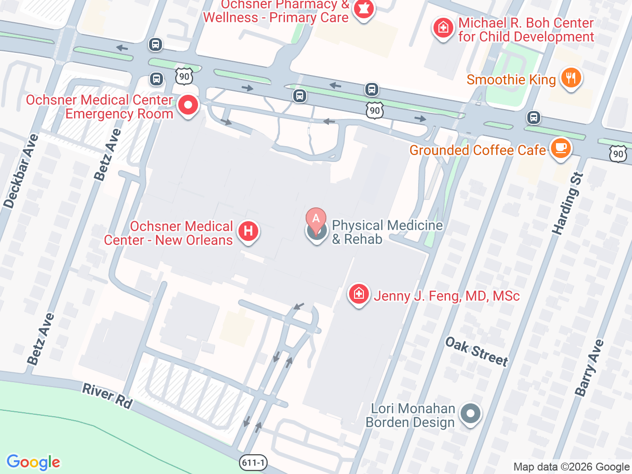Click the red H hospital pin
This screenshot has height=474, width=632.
coord(248,231)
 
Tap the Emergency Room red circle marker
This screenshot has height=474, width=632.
coord(188,105)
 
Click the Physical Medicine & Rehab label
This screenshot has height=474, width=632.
coord(387,232)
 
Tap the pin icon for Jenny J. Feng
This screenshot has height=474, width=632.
coord(359,294)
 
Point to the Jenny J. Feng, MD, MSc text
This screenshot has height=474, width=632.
coord(447,296)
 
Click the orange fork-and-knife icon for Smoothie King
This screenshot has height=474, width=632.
coord(571,78)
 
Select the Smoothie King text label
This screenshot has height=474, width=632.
coord(511,79)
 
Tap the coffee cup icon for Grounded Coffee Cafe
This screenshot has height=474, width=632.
coord(560,148)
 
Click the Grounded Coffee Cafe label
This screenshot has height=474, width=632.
coord(477,150)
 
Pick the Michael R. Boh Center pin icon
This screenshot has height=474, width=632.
coord(443,28)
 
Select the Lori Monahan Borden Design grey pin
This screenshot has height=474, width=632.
coord(471,413)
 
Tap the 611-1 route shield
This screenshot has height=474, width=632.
coord(253,463)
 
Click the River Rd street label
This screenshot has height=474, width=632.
coord(107,396)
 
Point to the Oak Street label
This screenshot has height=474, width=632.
coord(476,352)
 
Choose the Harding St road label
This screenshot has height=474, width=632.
coord(568,203)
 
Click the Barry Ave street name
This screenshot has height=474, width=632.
coord(589,367)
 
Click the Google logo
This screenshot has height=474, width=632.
coord(34,462)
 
